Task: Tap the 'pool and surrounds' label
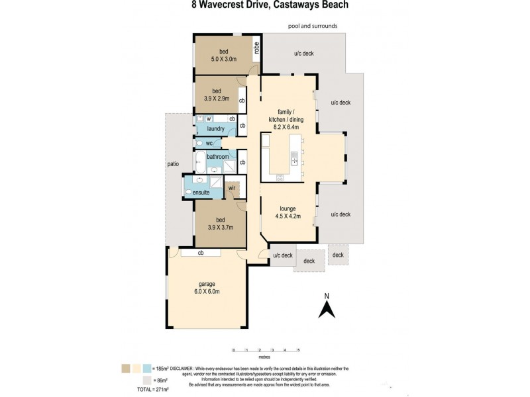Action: tap(313, 26)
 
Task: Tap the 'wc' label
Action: tap(209, 143)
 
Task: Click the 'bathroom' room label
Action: tap(217, 157)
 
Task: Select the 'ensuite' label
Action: tap(201, 192)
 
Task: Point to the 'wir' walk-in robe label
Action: tap(232, 188)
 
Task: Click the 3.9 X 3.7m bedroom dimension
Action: tap(216, 226)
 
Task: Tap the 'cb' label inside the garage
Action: tap(199, 253)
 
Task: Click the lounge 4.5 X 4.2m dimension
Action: tap(288, 216)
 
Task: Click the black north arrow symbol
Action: tap(325, 309)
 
